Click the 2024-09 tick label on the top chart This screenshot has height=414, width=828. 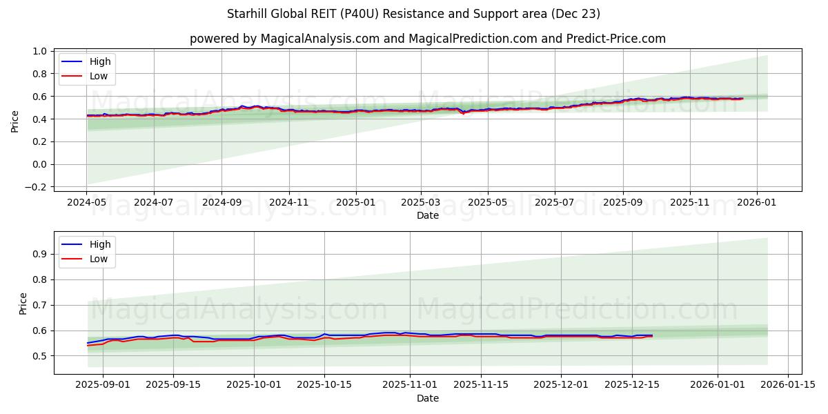tap(221, 204)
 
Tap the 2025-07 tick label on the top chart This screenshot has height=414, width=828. tap(555, 204)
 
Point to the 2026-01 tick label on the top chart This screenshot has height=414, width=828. tap(756, 204)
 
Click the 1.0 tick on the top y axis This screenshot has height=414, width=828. tap(39, 51)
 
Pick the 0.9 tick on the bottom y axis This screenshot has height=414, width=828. tap(39, 254)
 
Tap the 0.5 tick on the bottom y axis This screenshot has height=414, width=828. tap(39, 356)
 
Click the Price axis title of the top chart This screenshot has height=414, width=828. tap(15, 121)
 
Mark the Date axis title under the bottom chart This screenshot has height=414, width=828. tap(428, 398)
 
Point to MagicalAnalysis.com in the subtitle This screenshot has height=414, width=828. tap(319, 39)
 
